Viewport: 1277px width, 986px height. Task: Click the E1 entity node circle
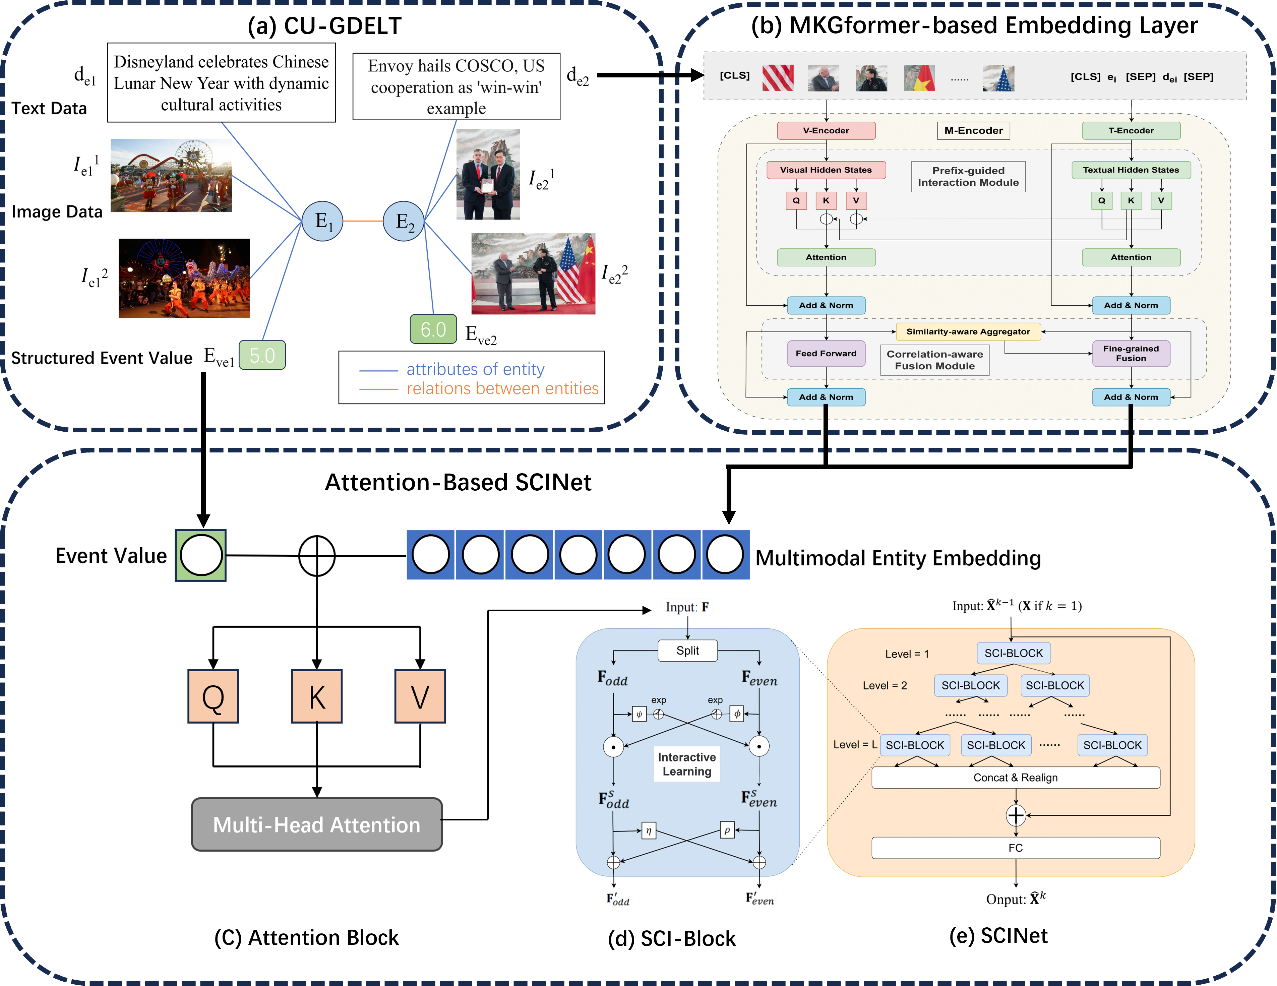322,221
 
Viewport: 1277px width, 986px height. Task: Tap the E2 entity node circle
404,221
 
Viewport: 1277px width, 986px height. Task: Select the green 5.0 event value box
262,355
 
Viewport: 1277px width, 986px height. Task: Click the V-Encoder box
826,130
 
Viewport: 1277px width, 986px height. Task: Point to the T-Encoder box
1131,130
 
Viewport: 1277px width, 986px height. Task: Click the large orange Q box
214,696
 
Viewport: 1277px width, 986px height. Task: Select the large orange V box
420,696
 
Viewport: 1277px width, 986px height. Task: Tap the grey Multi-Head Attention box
316,824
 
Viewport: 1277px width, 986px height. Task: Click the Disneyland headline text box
221,83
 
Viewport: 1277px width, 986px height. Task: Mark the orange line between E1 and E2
363,221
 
